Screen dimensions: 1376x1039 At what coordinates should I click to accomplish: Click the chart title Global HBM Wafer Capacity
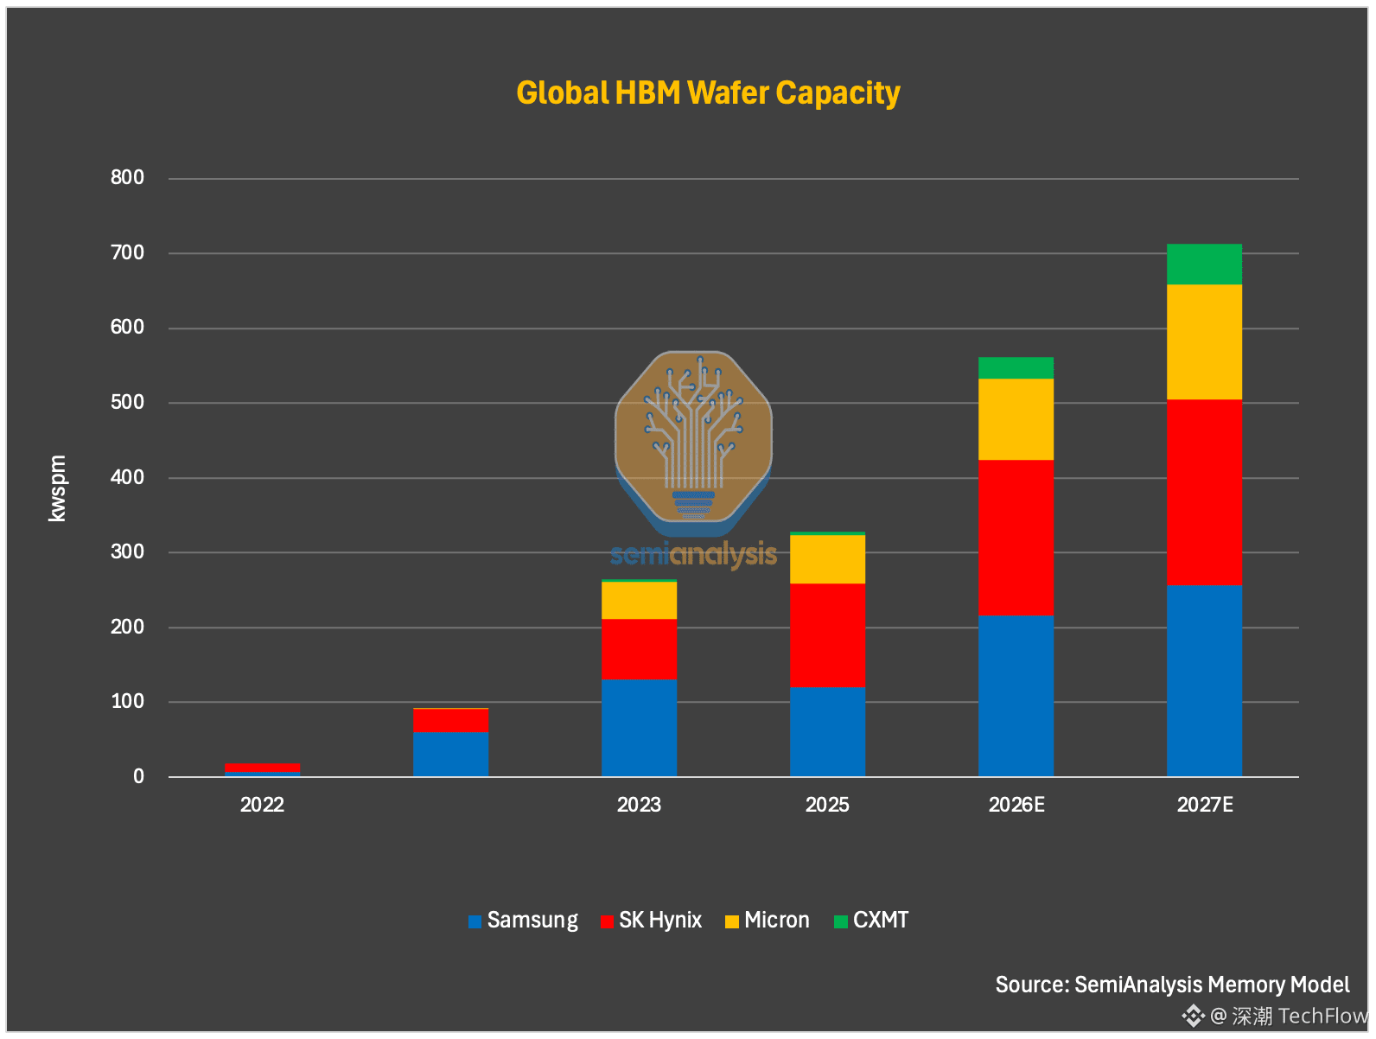[x=708, y=93]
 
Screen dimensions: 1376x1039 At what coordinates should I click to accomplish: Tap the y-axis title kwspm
[x=57, y=488]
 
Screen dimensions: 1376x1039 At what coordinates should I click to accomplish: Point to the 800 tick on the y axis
[x=127, y=177]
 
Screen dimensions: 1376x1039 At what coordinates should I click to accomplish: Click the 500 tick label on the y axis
[x=127, y=402]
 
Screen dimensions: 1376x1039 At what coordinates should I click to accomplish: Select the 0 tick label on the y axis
[x=138, y=776]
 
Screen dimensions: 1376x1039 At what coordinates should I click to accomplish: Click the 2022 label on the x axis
[x=262, y=805]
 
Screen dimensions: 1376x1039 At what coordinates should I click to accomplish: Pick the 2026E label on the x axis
[x=1016, y=805]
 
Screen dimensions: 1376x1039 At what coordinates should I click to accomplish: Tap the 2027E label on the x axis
[x=1204, y=805]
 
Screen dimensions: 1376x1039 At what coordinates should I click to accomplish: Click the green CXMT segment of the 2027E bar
[x=1204, y=265]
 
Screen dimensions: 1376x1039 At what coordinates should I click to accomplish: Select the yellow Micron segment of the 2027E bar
[x=1204, y=342]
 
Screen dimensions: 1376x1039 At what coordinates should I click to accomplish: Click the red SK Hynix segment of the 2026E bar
[x=1016, y=538]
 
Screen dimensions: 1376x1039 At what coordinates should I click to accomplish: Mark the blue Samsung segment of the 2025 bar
[x=827, y=732]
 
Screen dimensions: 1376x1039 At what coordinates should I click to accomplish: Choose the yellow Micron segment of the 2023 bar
[x=639, y=601]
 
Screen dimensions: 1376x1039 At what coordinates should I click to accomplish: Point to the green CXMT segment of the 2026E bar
[x=1016, y=368]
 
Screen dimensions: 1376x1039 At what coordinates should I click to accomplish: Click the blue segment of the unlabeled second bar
[x=450, y=755]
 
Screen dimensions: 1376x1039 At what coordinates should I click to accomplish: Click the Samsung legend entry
[x=523, y=920]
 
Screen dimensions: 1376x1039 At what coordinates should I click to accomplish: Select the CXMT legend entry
[x=870, y=920]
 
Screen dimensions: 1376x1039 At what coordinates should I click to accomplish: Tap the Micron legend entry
[x=767, y=920]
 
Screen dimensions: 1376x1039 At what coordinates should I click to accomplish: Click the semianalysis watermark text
[x=693, y=555]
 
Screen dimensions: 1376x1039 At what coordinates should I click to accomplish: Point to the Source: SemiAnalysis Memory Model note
[x=1172, y=985]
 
